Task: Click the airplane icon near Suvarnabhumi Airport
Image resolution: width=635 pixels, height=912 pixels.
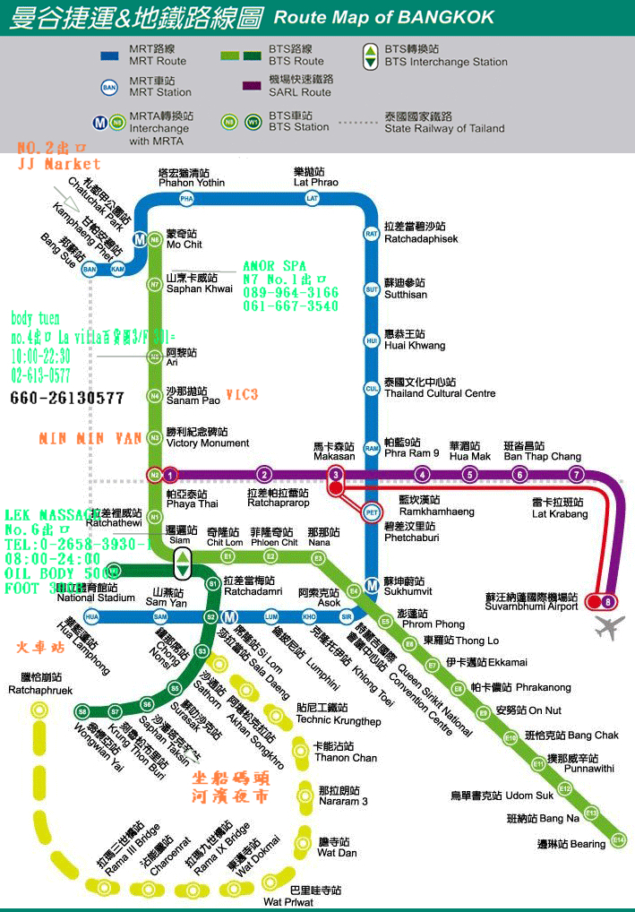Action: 609,627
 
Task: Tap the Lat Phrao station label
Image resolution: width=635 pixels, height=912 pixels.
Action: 316,176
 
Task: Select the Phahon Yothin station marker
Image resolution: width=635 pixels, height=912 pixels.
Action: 186,198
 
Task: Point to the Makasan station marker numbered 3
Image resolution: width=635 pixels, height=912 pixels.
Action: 336,475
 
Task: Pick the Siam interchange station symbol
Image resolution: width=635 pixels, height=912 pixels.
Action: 182,563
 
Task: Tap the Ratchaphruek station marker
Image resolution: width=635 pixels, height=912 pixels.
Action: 39,710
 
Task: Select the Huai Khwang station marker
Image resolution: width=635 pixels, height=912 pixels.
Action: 372,340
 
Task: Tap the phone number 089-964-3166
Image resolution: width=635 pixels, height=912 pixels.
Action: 291,293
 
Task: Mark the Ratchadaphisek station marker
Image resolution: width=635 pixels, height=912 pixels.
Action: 372,234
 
